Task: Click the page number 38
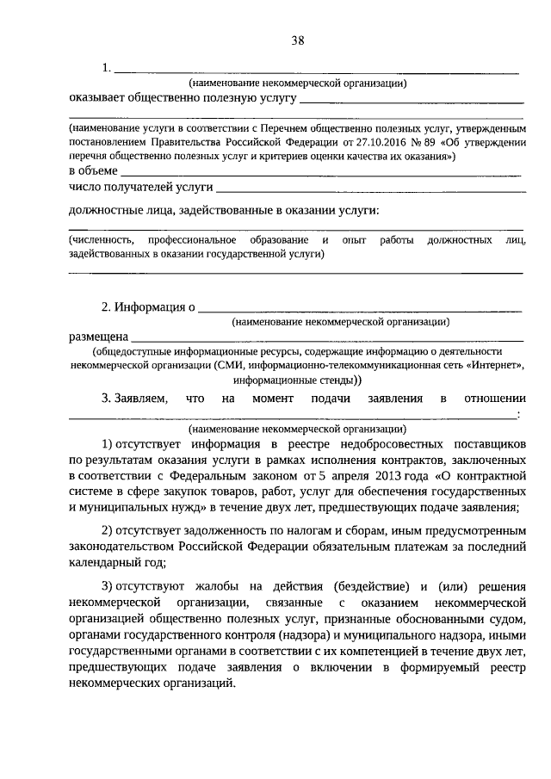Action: click(x=299, y=40)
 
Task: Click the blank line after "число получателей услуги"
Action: click(x=370, y=189)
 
